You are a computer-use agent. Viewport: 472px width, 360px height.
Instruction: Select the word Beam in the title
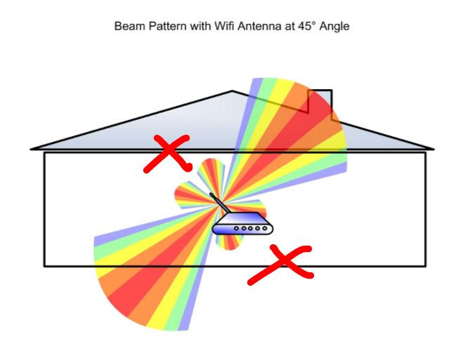point(129,26)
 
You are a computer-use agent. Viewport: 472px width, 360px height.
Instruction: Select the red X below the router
point(280,265)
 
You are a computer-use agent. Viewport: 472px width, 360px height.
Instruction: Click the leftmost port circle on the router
point(236,227)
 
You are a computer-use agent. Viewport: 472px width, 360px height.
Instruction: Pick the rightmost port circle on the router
point(263,227)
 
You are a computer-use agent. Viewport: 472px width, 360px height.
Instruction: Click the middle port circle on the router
point(250,227)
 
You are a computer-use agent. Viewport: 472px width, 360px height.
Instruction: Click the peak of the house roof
point(233,91)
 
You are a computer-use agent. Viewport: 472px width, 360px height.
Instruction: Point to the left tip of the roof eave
point(32,149)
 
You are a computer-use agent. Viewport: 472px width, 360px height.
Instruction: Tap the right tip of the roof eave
point(433,149)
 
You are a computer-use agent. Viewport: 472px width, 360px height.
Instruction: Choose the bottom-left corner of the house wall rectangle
point(44,266)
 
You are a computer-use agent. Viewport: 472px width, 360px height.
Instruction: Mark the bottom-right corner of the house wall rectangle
point(426,266)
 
